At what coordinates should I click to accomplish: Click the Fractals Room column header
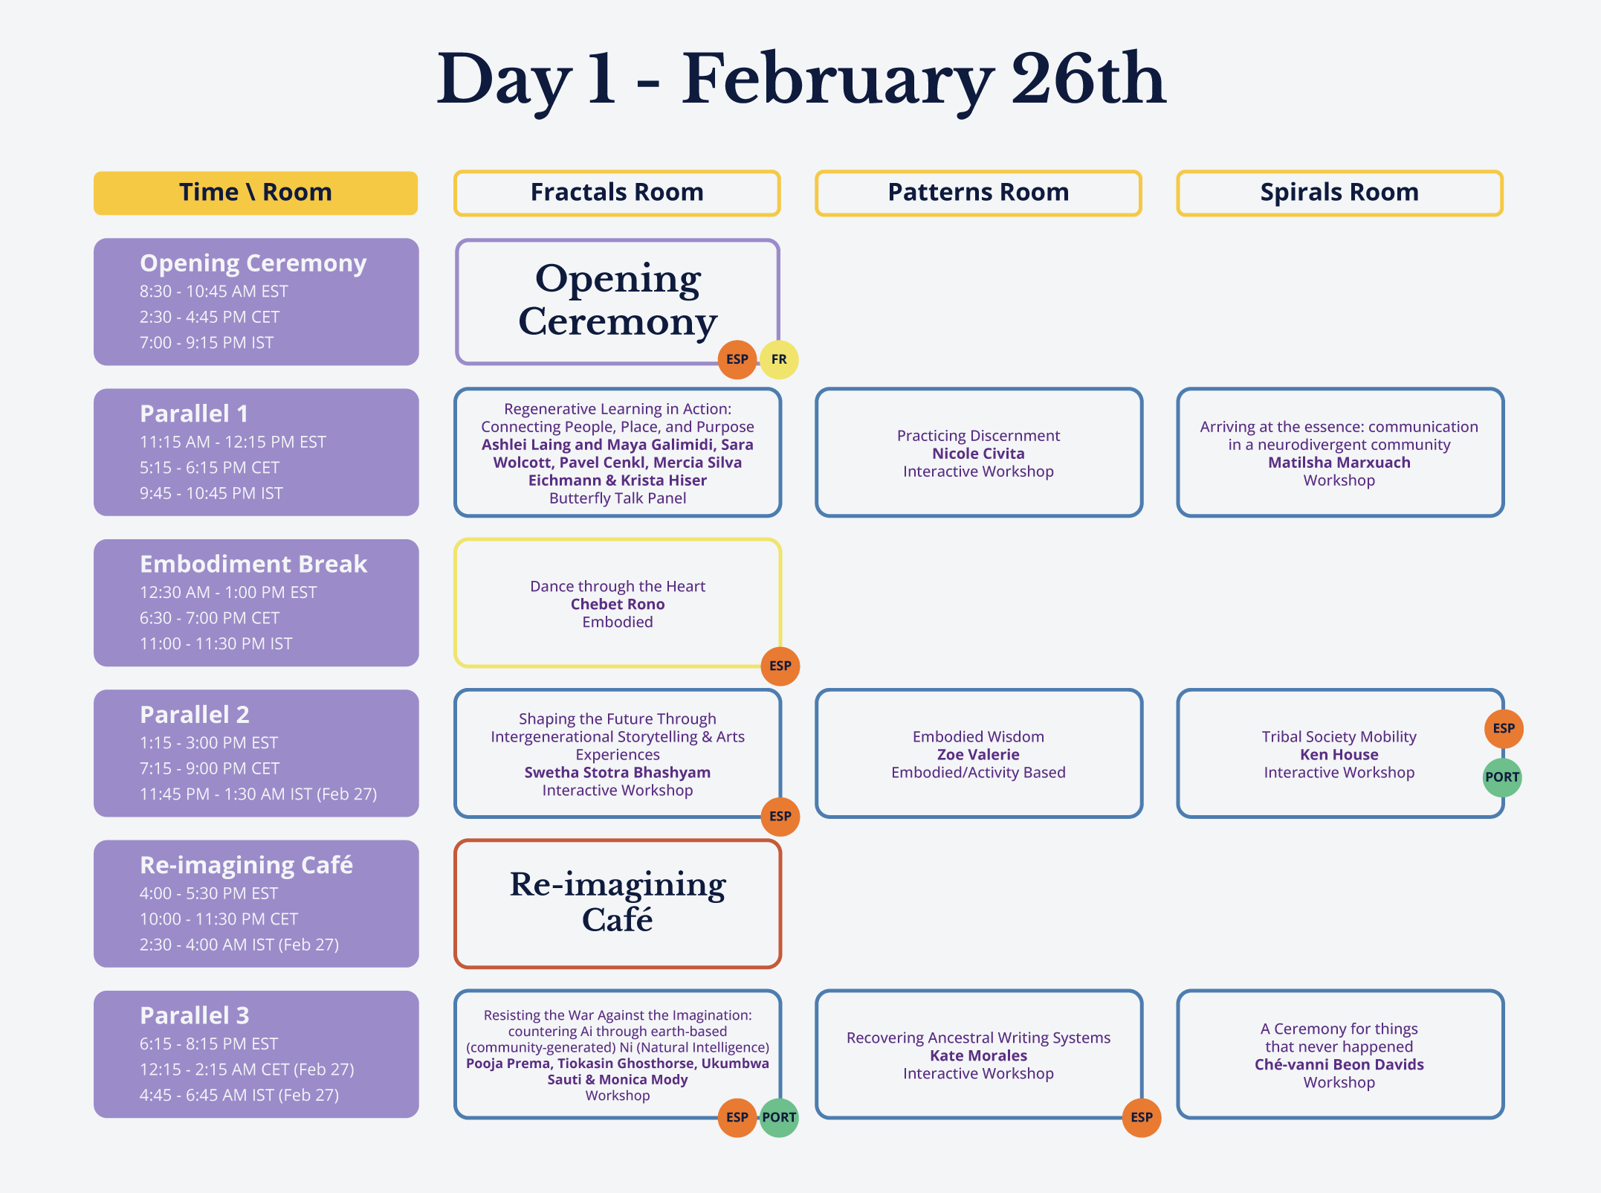(x=617, y=193)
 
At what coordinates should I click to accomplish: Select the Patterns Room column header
(x=978, y=193)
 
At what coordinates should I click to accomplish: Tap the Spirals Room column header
(x=1339, y=193)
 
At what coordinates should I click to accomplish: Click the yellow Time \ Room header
(x=256, y=193)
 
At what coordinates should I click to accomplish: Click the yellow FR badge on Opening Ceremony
(x=779, y=359)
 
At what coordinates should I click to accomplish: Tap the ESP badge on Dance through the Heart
(x=780, y=666)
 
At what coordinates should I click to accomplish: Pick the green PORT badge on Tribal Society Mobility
(x=1502, y=777)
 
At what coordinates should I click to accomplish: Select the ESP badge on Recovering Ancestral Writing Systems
(x=1141, y=1117)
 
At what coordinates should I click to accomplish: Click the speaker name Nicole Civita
(x=978, y=454)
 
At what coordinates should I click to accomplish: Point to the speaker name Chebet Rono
(x=617, y=605)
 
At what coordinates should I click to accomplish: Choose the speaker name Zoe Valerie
(x=978, y=755)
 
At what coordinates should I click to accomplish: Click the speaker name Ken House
(x=1339, y=755)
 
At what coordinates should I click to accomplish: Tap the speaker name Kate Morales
(x=978, y=1056)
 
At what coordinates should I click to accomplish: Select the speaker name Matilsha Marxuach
(x=1339, y=463)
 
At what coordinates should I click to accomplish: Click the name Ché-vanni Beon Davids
(x=1339, y=1065)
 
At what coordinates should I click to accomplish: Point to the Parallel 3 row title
(x=195, y=1015)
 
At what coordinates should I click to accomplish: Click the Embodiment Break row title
(x=253, y=565)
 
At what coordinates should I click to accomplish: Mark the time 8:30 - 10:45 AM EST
(x=214, y=292)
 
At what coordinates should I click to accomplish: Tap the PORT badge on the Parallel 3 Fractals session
(x=779, y=1117)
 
